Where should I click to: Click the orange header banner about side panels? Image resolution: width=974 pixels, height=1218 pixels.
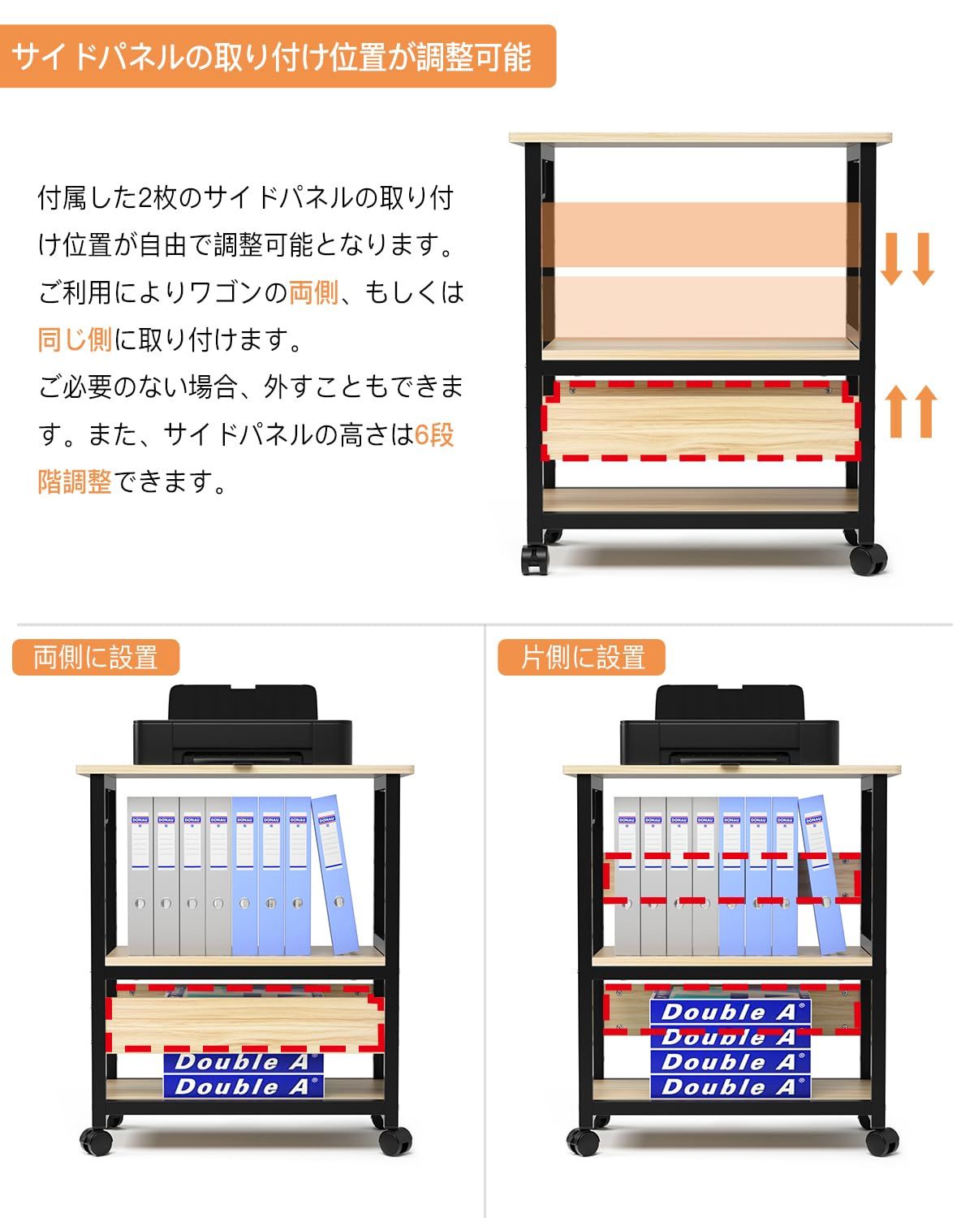[x=278, y=57]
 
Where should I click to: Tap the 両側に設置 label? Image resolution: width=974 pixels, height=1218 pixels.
[x=96, y=657]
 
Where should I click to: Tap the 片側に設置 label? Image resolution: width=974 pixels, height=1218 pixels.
[x=582, y=657]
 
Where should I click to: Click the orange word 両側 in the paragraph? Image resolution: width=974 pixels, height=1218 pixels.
[x=313, y=292]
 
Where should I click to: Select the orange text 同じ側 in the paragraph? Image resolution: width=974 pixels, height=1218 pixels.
[x=75, y=339]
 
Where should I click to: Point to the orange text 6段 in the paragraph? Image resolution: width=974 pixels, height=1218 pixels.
[x=434, y=434]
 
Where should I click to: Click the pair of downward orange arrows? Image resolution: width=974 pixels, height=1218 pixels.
[x=908, y=258]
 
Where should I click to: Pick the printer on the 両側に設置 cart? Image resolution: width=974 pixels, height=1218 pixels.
[x=243, y=727]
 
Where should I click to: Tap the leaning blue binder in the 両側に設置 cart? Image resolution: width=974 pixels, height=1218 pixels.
[x=335, y=874]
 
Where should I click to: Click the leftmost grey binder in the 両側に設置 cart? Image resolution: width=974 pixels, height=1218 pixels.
[x=140, y=875]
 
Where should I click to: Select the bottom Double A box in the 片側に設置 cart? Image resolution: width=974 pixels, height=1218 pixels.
[x=730, y=1086]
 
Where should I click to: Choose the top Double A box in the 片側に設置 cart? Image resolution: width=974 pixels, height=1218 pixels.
[x=730, y=1012]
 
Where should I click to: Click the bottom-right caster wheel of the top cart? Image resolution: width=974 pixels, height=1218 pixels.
[x=867, y=560]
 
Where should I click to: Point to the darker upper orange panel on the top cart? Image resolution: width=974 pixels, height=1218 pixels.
[x=701, y=235]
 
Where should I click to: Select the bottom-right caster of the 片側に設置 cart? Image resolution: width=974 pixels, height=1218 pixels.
[x=883, y=1142]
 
